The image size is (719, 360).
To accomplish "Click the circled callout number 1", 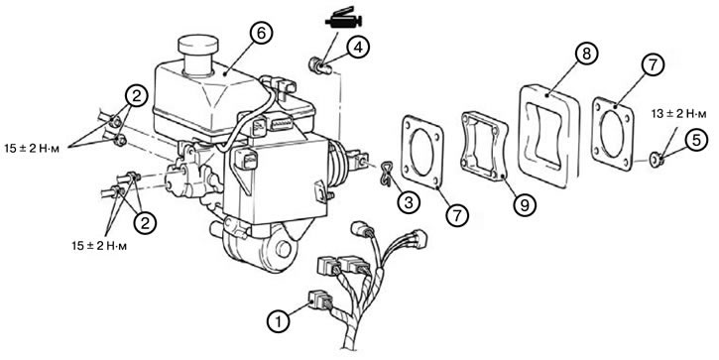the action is [279, 320].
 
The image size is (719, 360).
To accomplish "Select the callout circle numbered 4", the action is [358, 48].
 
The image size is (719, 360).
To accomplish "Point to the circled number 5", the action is [696, 141].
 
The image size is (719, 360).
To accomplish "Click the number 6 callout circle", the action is [262, 34].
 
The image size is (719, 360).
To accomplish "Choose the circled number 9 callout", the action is [524, 204].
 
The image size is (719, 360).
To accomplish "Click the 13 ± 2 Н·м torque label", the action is [676, 114].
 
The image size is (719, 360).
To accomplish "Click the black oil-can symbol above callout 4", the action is [343, 19].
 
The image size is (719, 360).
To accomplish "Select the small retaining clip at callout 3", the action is [385, 175].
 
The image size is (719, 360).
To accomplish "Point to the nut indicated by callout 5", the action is [657, 160].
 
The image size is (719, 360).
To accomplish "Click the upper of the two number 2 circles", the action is [136, 97].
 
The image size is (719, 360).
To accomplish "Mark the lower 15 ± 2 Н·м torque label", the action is [99, 246].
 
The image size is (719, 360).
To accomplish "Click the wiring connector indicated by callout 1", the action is [321, 300].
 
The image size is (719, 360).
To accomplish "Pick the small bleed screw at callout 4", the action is [320, 65].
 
